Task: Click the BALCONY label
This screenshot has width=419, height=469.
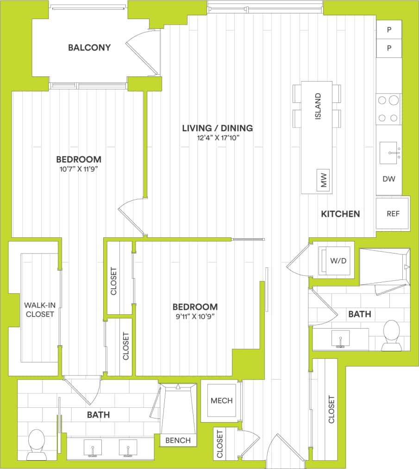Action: coord(89,48)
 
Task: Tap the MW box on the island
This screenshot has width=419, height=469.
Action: coord(324,179)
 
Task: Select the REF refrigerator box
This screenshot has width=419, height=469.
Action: coord(393,214)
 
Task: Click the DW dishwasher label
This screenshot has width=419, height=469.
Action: coord(389,179)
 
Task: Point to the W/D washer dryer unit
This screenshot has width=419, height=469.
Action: coord(338,261)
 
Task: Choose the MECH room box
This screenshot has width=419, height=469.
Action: coord(221,400)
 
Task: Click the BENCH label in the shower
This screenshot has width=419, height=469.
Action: coord(178,440)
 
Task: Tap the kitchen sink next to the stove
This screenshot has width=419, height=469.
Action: coord(388,153)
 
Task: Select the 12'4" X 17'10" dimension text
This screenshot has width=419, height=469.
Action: coord(217,138)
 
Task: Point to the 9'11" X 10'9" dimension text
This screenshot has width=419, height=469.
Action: coord(195,317)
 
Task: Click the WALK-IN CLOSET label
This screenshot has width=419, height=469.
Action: coord(39,309)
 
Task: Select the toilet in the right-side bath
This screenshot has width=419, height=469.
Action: coord(392,335)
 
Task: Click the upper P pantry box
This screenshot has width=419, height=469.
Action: coord(389,30)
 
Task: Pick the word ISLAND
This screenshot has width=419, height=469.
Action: coord(318,107)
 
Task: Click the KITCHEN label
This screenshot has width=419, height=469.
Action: coord(340,214)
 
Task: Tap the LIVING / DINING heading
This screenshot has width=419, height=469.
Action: coord(217,128)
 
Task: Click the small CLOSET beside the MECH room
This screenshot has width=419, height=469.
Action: coord(219,444)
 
